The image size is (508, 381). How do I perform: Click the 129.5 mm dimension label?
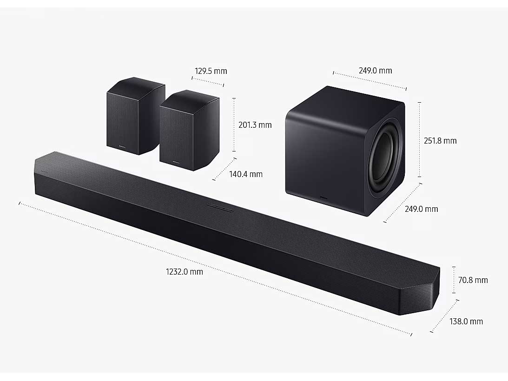(x=211, y=71)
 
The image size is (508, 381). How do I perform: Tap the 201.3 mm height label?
(x=255, y=125)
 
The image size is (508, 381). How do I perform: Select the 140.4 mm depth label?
(x=246, y=174)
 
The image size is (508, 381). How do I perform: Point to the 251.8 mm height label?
(x=440, y=141)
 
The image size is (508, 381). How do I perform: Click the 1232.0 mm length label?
(x=185, y=272)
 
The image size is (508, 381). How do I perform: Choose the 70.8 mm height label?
(x=473, y=280)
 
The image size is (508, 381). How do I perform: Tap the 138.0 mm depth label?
(x=466, y=322)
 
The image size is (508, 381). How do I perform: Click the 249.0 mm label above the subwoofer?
(x=375, y=71)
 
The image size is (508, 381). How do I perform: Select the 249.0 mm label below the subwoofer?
(x=421, y=209)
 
